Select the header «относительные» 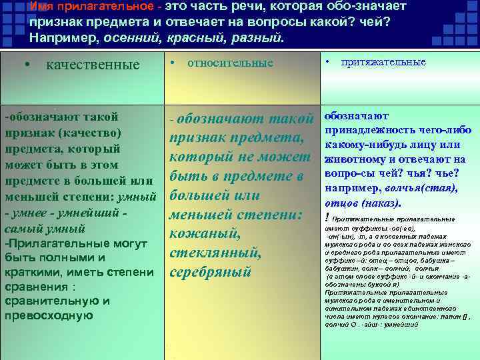click(230, 63)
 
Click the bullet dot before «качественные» click(26, 65)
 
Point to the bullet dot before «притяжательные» click(329, 61)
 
